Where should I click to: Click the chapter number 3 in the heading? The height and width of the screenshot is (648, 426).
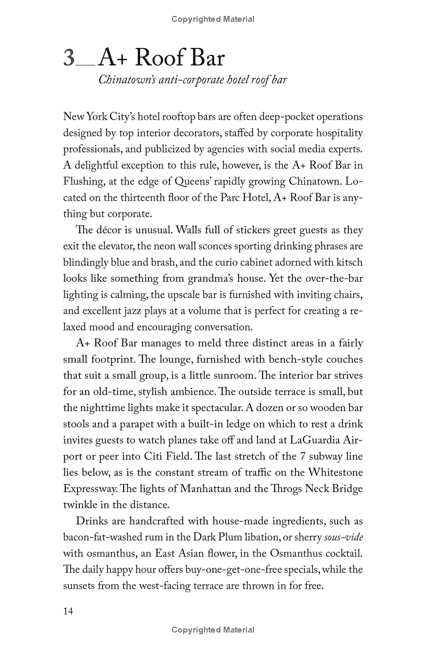coord(70,58)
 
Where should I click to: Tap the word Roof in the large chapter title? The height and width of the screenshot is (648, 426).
coord(154,58)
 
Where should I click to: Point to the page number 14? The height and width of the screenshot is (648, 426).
coord(68,611)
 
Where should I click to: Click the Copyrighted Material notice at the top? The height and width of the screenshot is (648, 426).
coord(213,19)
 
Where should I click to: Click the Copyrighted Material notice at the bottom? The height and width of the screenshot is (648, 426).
coord(213,630)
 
